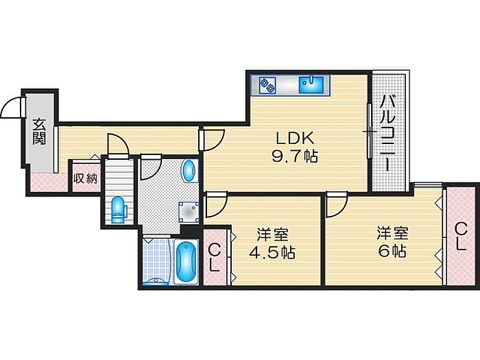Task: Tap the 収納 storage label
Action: (x=86, y=178)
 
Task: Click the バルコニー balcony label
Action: (x=387, y=134)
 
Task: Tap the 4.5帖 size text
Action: (x=272, y=252)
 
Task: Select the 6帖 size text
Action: (x=391, y=250)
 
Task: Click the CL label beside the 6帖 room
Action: (x=461, y=236)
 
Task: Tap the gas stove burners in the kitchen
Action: (x=267, y=86)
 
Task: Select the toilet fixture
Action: (x=118, y=208)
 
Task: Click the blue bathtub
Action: (x=184, y=262)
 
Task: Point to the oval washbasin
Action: (x=189, y=169)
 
